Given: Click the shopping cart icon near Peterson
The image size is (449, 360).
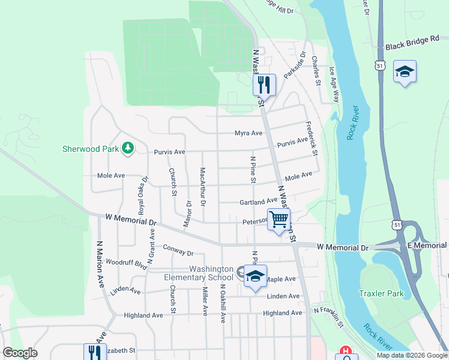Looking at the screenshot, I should click(279, 220).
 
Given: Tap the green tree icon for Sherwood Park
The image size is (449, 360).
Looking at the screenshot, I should click(127, 148).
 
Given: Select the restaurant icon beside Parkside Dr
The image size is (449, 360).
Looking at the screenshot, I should click(264, 84).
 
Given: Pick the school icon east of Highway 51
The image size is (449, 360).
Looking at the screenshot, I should click(405, 72).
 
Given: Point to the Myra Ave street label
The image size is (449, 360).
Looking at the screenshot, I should click(249, 133).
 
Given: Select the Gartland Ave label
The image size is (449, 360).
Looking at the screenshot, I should click(258, 203).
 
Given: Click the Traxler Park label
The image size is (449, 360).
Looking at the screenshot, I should click(381, 293).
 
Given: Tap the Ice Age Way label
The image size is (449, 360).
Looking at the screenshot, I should click(335, 87).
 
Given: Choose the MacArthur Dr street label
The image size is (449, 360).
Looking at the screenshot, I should click(203, 188).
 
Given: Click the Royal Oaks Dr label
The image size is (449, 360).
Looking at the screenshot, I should click(143, 196).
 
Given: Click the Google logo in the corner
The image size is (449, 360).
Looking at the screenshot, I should click(19, 353).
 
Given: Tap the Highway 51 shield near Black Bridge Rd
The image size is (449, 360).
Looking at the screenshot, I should click(379, 65).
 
